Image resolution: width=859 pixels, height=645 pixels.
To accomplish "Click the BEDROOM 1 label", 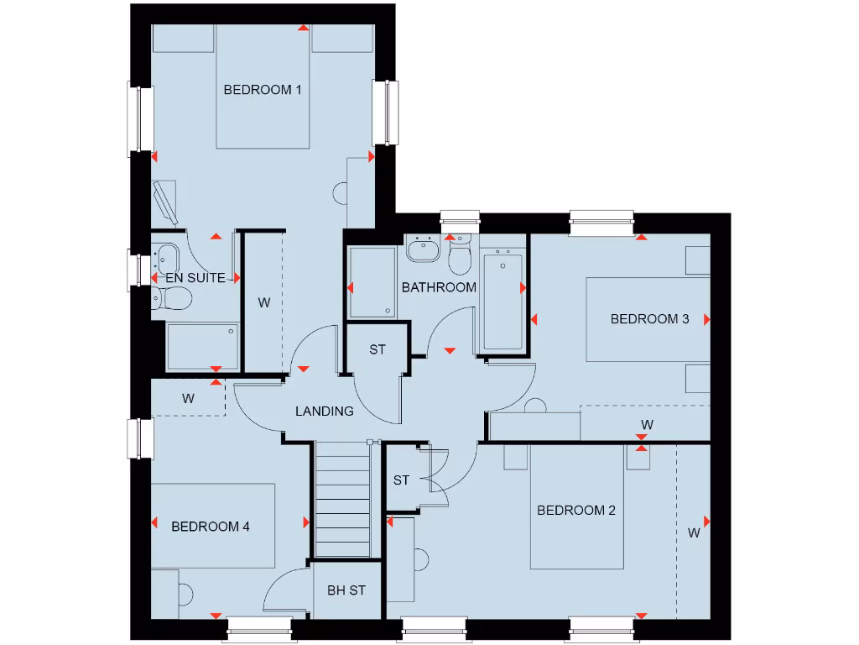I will [263, 90].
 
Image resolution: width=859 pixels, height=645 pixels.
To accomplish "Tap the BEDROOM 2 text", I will [576, 510].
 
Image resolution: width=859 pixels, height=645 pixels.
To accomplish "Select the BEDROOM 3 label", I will [649, 319].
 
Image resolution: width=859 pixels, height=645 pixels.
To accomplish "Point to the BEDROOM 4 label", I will [211, 527].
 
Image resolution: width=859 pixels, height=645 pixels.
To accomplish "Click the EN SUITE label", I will [195, 277].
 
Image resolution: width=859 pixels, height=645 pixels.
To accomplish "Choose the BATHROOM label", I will [439, 287].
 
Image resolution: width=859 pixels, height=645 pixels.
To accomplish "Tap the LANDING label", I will [325, 412].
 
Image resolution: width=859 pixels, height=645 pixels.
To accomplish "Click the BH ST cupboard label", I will [346, 590].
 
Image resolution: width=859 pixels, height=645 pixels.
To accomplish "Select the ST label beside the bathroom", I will [377, 349].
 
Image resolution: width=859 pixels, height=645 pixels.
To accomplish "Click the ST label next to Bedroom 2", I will [401, 480].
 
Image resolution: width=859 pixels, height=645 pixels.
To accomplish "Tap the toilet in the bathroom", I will [461, 256].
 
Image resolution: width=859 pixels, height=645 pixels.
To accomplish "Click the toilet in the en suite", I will [173, 296].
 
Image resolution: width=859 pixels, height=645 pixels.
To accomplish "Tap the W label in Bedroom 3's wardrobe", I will [647, 423].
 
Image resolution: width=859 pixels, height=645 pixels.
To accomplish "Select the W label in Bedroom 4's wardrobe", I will [188, 399].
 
